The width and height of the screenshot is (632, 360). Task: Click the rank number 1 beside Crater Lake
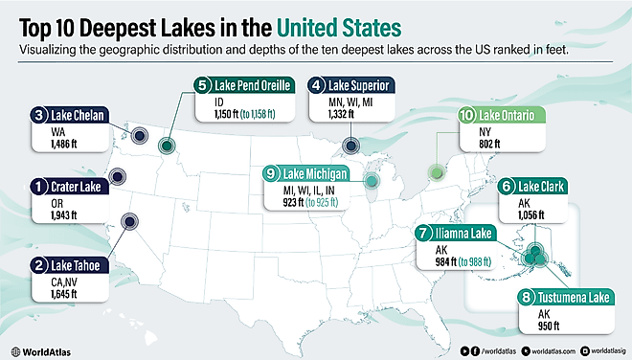point(38,186)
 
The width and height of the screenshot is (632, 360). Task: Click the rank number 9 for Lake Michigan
point(271,173)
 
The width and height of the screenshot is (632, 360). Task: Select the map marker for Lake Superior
point(351,146)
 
